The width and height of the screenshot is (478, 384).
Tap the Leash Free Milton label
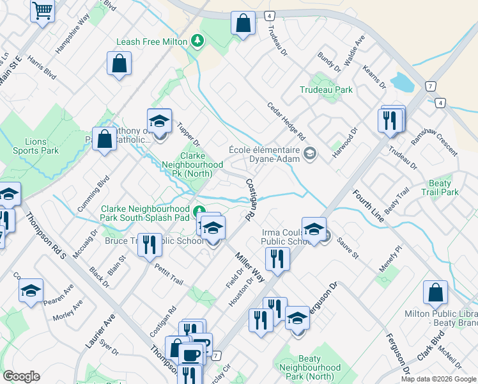tap(152, 42)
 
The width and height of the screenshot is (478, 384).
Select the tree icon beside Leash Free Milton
tap(198, 42)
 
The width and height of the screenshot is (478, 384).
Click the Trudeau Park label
tap(326, 90)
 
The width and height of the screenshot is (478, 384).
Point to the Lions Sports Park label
tap(36, 146)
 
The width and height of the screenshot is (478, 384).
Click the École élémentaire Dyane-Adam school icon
tap(311, 153)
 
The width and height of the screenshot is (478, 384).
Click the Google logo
tap(21, 376)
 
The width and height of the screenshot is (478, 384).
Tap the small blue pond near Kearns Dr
tap(403, 82)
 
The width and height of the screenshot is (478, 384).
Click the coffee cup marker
tap(191, 354)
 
